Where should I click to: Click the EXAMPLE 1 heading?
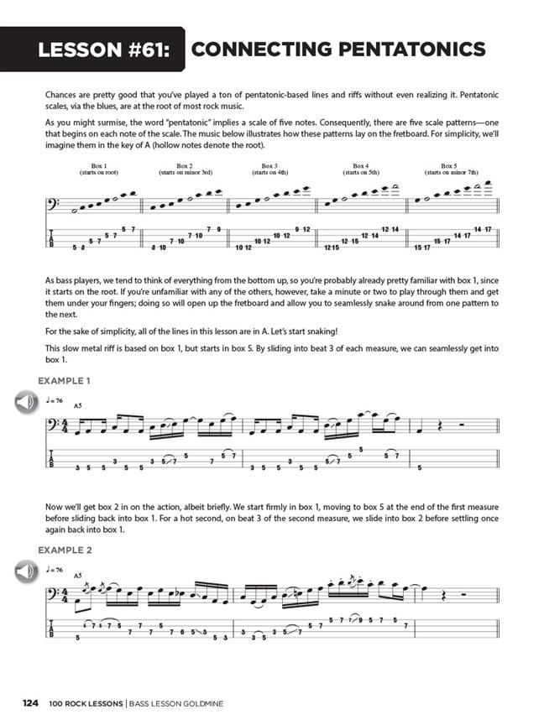[65, 381]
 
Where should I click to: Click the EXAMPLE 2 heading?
[65, 550]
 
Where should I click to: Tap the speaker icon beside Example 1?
[26, 403]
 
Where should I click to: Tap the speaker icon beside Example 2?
[26, 572]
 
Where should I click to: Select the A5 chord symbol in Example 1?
[78, 406]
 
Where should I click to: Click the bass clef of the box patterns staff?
[56, 204]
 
